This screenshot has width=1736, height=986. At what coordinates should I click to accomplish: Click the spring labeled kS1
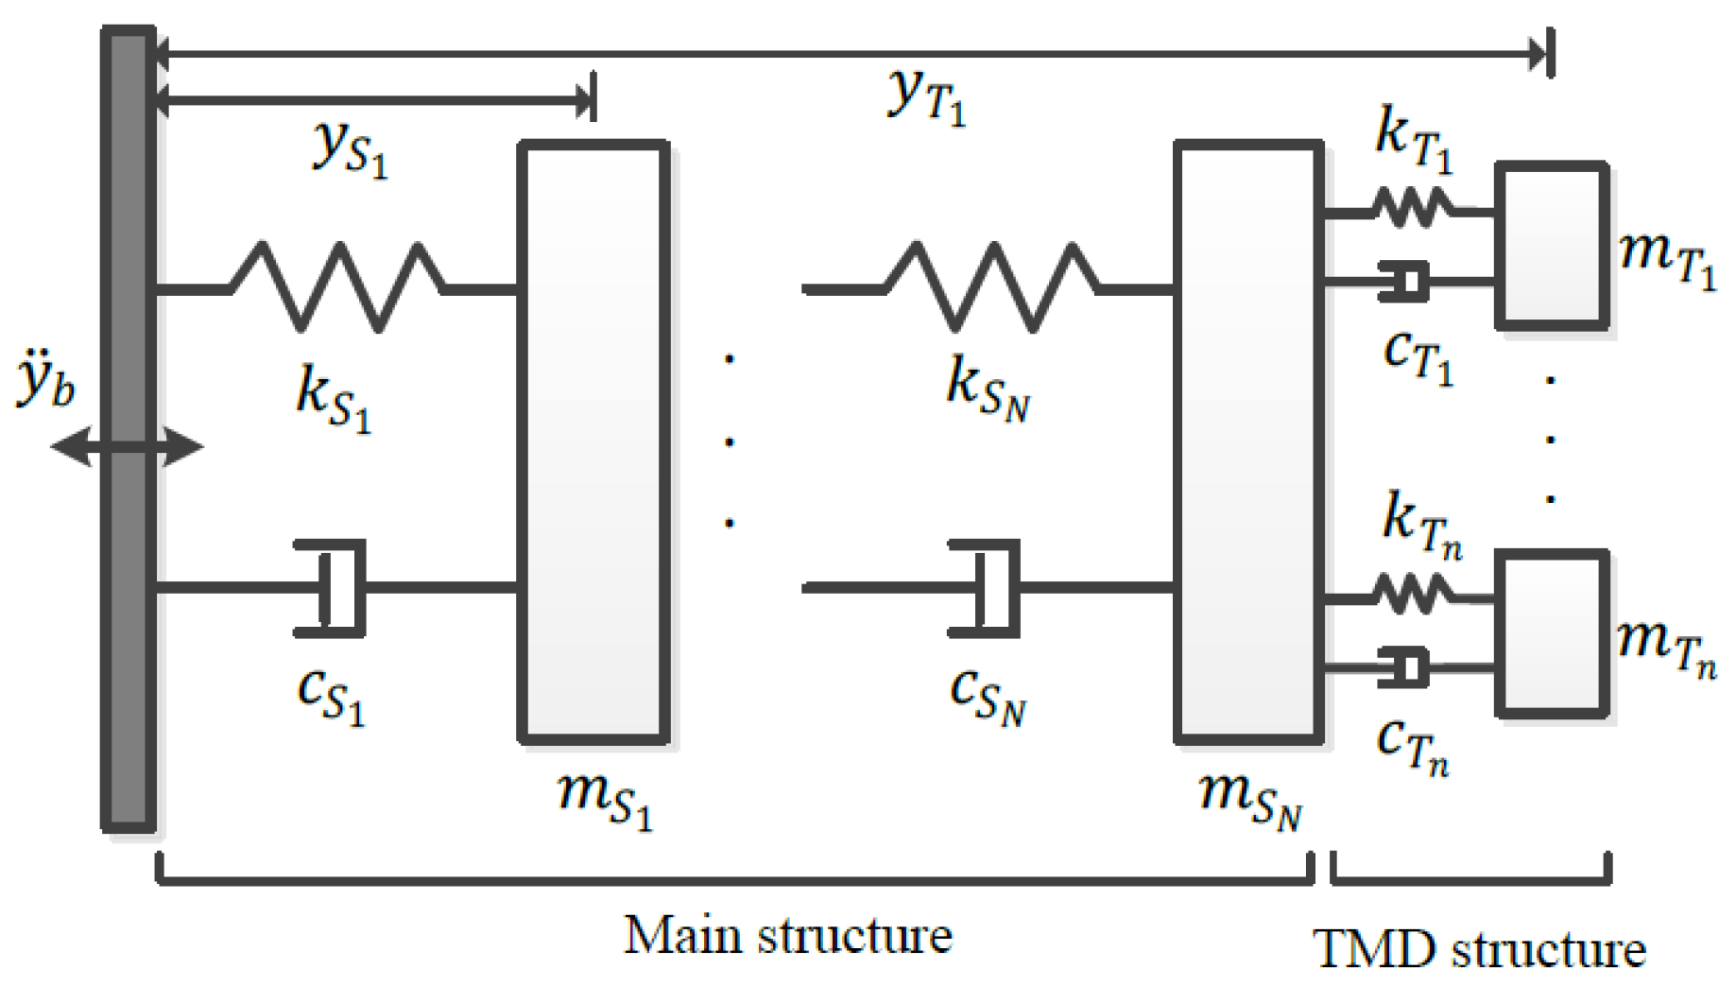coord(337,286)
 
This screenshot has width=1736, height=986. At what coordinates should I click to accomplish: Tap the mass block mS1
coord(593,441)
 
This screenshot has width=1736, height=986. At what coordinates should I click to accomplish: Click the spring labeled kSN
coord(992,286)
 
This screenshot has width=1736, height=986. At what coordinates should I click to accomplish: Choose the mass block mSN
coord(1248,441)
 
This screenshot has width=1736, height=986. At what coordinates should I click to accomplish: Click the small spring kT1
coord(1411,208)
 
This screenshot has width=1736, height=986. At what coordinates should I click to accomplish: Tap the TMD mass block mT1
coord(1551,246)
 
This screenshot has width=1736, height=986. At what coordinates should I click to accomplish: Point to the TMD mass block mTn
coord(1551,632)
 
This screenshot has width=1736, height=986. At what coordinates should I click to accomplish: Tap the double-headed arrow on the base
coord(127,446)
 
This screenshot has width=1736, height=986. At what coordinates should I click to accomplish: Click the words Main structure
coord(788,936)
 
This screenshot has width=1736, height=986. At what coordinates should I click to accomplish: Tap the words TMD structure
coord(1479,949)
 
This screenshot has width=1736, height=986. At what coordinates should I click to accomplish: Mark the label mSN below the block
coord(1250,799)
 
